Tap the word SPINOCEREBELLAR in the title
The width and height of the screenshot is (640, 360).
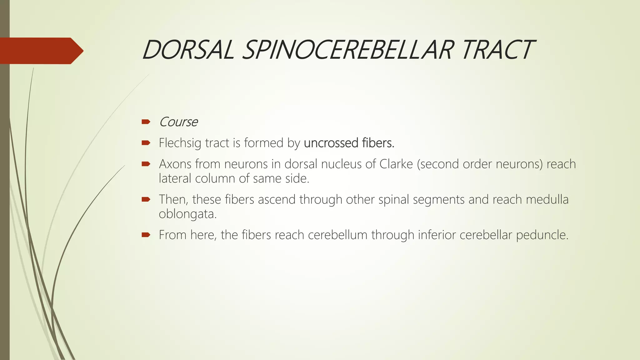click(347, 50)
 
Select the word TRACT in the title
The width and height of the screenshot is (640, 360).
click(497, 50)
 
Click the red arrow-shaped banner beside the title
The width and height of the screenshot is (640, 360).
click(41, 51)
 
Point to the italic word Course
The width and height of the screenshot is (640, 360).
click(178, 122)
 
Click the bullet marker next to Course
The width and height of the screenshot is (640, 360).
click(146, 122)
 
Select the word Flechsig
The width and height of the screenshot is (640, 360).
click(180, 143)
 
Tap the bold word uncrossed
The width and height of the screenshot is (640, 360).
click(331, 143)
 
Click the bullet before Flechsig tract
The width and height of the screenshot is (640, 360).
click(146, 143)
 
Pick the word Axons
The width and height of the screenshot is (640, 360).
click(175, 164)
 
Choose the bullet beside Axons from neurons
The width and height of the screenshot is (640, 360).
click(146, 164)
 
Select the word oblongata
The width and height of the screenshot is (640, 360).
click(187, 214)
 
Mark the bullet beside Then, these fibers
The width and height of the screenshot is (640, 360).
click(146, 199)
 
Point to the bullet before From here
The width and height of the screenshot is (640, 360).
click(146, 235)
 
